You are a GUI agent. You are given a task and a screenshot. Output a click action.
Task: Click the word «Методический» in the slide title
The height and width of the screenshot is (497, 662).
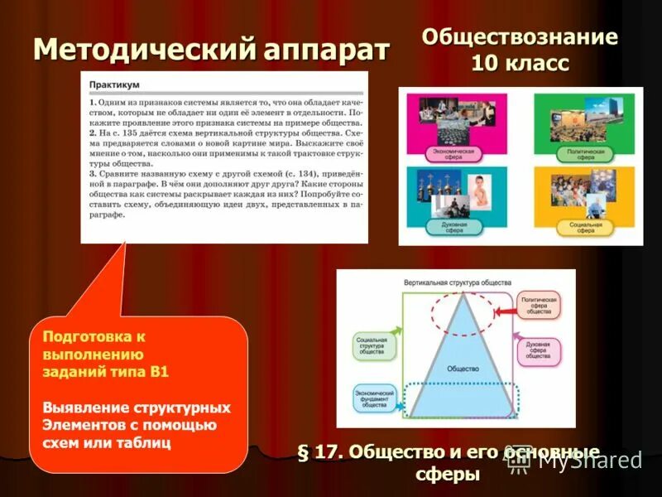[146, 51]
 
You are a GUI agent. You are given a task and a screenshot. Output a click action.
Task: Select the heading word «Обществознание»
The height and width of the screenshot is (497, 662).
[520, 37]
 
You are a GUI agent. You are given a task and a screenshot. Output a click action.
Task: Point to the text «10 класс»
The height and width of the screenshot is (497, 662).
[520, 64]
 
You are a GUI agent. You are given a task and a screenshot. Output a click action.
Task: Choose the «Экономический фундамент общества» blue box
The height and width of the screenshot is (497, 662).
[372, 398]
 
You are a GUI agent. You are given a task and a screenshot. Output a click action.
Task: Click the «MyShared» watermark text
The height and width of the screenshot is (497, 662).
[590, 461]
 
